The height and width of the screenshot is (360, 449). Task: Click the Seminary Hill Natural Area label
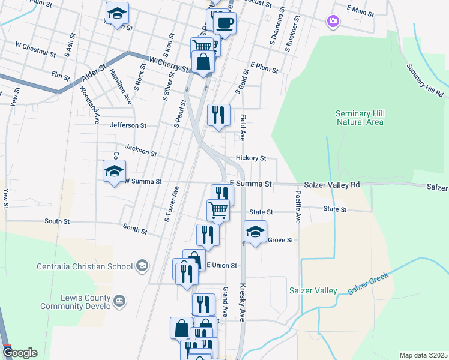point(360,118)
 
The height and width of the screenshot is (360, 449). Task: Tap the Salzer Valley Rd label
point(332,185)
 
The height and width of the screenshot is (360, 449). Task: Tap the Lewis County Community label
point(76,302)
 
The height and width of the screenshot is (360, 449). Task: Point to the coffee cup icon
point(225,23)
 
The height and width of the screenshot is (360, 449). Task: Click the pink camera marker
point(333,22)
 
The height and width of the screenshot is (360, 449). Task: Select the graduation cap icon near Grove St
point(255,232)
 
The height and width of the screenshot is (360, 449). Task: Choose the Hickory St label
point(251,158)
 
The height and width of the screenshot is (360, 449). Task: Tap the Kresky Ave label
point(243,302)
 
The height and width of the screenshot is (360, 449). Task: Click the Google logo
point(20,353)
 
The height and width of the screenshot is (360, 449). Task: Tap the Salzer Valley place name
point(313,290)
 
